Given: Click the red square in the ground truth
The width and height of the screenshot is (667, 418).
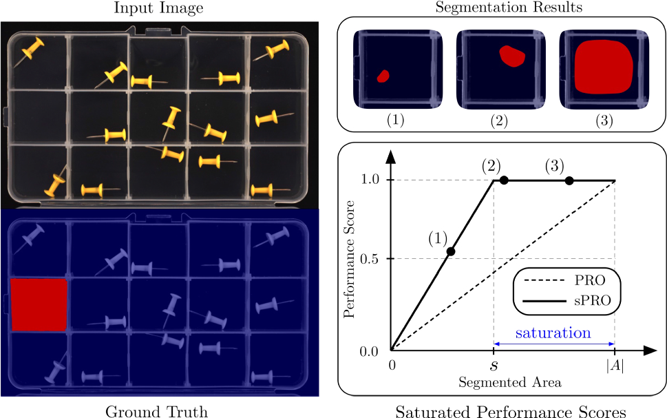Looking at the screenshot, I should click(x=39, y=305).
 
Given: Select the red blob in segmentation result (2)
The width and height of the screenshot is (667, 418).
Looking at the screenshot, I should click(x=511, y=56).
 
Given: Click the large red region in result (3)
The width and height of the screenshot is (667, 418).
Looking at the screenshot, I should click(x=603, y=68).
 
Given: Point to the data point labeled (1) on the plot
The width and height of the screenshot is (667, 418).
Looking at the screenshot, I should click(x=451, y=251).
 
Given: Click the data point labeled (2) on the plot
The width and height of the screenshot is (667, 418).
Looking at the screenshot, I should click(x=504, y=180).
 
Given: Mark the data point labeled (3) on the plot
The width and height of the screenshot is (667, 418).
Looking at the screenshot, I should click(x=569, y=180).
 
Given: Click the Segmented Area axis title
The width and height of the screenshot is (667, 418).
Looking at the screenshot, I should click(x=503, y=381).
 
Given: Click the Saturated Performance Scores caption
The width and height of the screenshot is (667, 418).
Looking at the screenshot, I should click(x=510, y=411).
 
